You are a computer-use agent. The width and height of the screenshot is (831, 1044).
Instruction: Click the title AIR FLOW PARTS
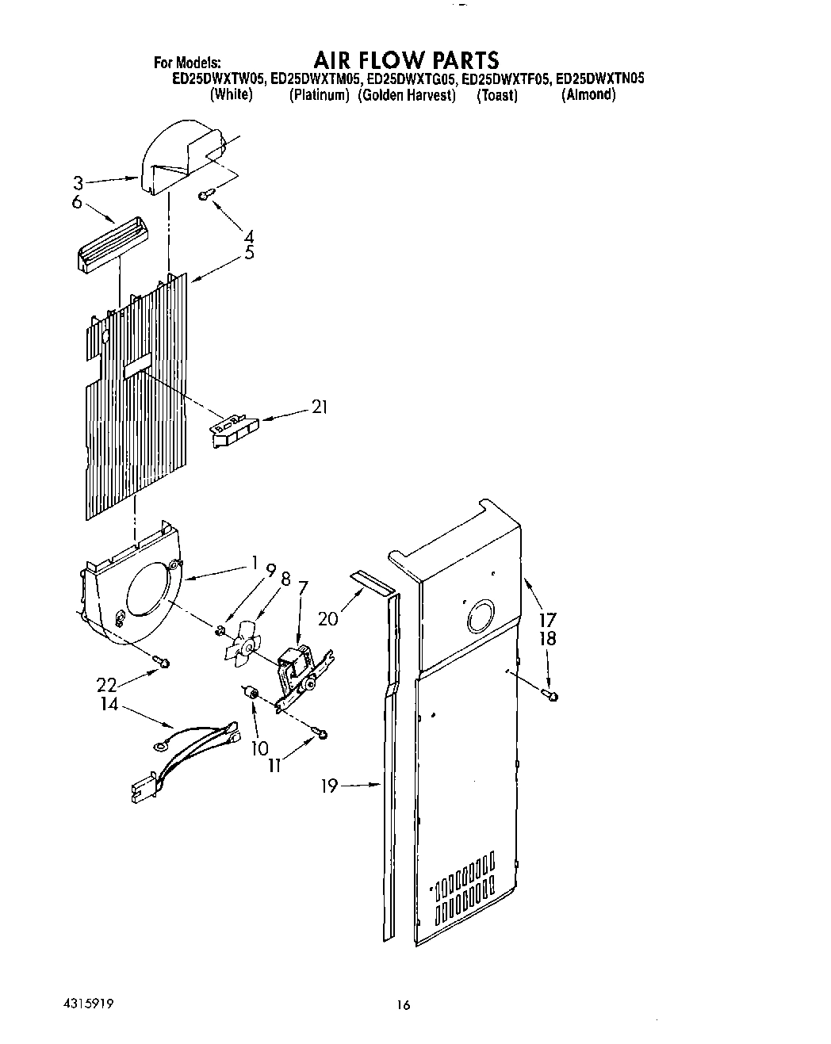coord(405,60)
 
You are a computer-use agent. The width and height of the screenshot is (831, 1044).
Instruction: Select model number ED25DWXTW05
coord(220,79)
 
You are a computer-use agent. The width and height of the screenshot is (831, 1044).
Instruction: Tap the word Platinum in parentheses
coord(319,95)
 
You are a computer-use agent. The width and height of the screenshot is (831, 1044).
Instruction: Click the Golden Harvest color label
coord(406,95)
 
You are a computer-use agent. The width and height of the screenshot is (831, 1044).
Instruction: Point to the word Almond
coord(588,95)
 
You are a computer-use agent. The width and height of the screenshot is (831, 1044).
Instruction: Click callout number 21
coord(320,407)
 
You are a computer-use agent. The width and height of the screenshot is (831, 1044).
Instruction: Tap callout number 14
coord(109,703)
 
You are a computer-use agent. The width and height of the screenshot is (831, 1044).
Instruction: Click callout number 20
coord(327,618)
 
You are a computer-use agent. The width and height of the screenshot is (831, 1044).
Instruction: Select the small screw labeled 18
coord(551,695)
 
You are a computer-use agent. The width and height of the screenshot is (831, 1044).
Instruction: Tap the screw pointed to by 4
coord(205,193)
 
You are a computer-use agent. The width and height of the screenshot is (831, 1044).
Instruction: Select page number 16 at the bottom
coord(404,1005)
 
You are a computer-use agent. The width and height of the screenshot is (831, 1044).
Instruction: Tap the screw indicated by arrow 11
coord(321,735)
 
